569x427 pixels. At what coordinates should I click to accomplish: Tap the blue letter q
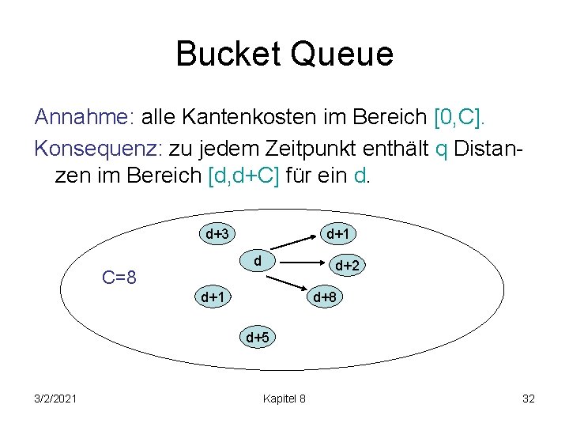pyautogui.click(x=441, y=149)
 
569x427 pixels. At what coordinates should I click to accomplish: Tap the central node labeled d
pyautogui.click(x=258, y=259)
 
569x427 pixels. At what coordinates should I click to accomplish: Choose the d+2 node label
pyautogui.click(x=348, y=266)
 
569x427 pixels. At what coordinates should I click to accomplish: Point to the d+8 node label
pyautogui.click(x=326, y=297)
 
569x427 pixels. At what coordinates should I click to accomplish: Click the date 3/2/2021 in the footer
pyautogui.click(x=56, y=399)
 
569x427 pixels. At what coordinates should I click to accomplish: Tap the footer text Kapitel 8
pyautogui.click(x=284, y=399)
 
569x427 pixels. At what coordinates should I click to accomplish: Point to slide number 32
pyautogui.click(x=529, y=399)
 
